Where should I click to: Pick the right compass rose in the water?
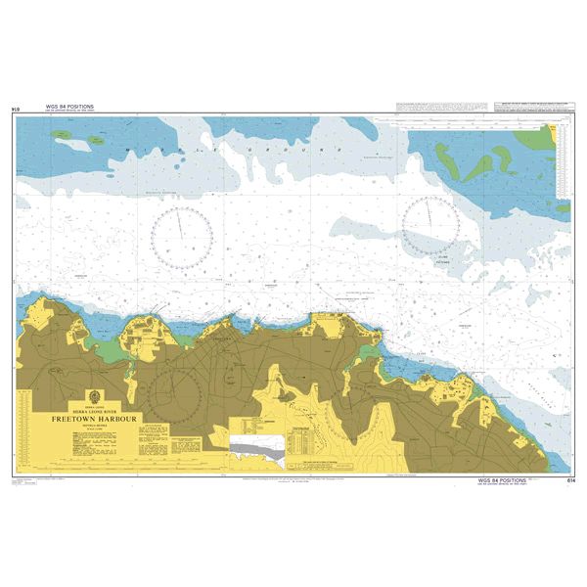429,225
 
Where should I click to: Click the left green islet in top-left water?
98,140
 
